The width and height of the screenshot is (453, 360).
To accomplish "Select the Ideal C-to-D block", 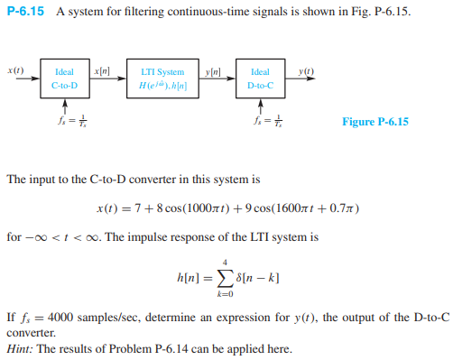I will pos(64,78).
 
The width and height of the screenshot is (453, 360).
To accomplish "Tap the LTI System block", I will pos(163,78).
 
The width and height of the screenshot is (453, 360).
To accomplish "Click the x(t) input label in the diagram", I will pos(14,70).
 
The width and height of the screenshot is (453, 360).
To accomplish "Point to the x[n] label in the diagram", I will pos(102,70).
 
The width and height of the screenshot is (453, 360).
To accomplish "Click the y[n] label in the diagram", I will pos(215,70).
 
